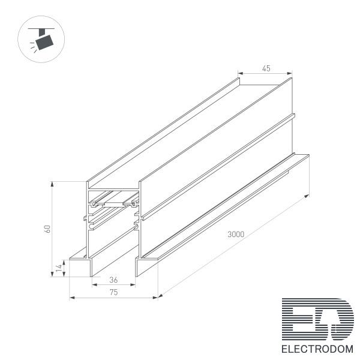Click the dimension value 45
pyautogui.click(x=266, y=68)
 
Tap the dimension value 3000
pyautogui.click(x=236, y=235)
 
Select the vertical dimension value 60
pyautogui.click(x=47, y=229)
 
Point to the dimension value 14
pyautogui.click(x=59, y=268)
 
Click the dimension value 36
pyautogui.click(x=113, y=280)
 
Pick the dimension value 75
pyautogui.click(x=113, y=292)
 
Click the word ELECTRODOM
pyautogui.click(x=317, y=349)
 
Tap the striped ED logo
pyautogui.click(x=318, y=319)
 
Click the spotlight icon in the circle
pyautogui.click(x=41, y=39)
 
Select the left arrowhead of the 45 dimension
pyautogui.click(x=241, y=73)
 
